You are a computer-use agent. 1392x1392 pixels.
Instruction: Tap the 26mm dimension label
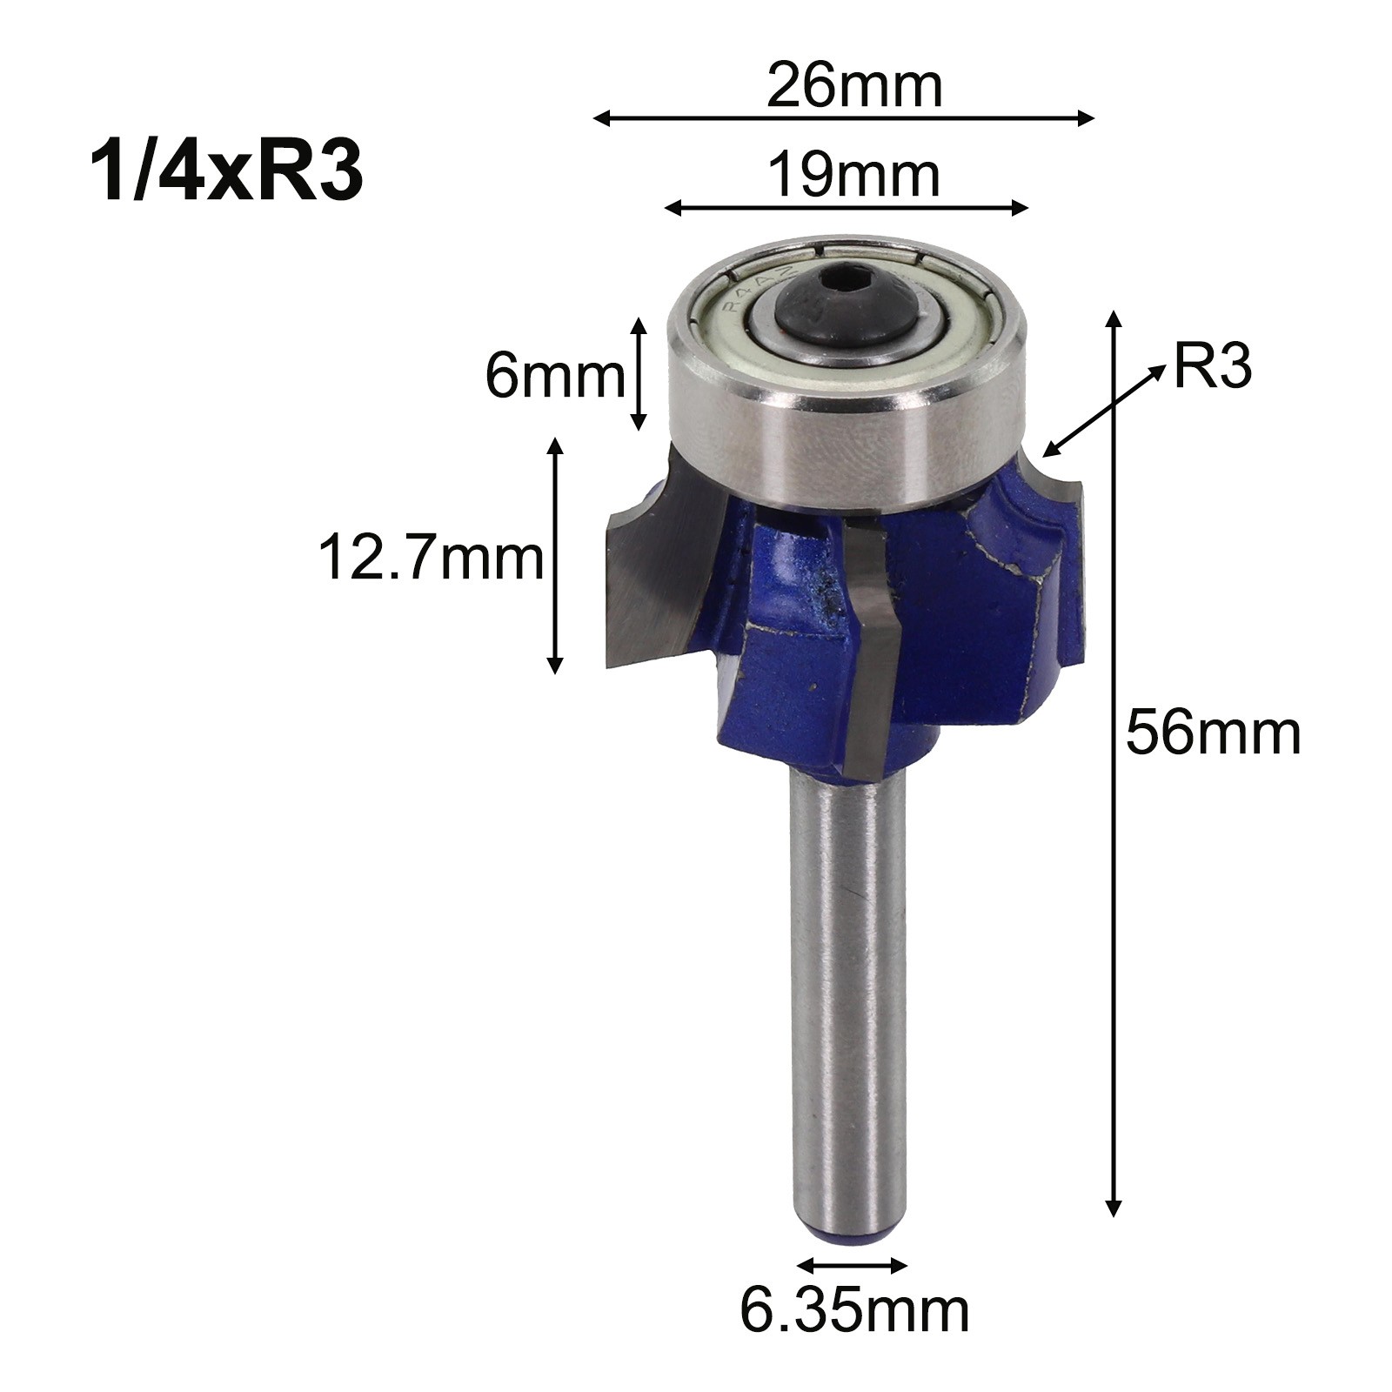click(x=853, y=87)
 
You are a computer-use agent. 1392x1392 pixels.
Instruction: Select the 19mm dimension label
click(x=853, y=177)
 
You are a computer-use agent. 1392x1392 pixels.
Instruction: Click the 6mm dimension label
click(x=554, y=377)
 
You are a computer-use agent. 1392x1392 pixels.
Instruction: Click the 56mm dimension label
click(x=1213, y=733)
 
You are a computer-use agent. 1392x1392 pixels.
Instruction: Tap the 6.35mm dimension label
click(x=853, y=1312)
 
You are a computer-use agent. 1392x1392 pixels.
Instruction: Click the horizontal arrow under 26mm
click(x=842, y=118)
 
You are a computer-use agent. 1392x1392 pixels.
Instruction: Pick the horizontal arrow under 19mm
click(x=847, y=208)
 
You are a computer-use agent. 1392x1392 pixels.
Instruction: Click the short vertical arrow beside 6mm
click(x=639, y=374)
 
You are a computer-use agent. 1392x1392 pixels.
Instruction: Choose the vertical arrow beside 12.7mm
click(x=554, y=556)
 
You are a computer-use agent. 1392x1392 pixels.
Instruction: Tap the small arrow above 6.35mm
click(x=853, y=1265)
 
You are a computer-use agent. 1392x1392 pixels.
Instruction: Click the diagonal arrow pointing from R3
click(x=1105, y=409)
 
